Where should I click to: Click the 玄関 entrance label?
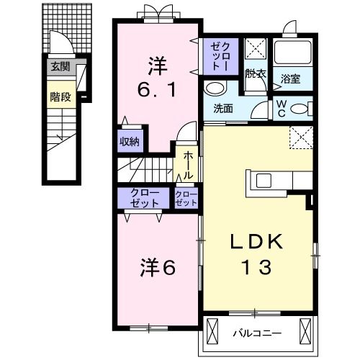click(60, 66)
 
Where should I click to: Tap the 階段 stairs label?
click(60, 97)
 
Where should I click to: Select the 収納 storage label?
click(130, 142)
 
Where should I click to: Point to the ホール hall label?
click(188, 166)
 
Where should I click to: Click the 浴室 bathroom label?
click(291, 79)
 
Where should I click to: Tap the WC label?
click(282, 109)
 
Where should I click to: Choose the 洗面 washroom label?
click(223, 109)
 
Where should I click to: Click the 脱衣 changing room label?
click(256, 74)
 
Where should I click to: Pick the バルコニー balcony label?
click(257, 333)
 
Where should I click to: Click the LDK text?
click(256, 241)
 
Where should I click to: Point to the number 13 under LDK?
click(257, 267)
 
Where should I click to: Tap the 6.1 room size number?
click(157, 89)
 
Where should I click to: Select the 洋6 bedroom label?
click(158, 267)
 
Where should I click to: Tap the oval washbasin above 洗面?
click(215, 89)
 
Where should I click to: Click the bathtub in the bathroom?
click(293, 53)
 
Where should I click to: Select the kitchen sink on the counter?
click(264, 181)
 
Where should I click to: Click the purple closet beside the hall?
click(186, 199)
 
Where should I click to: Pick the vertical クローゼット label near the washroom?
click(220, 57)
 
